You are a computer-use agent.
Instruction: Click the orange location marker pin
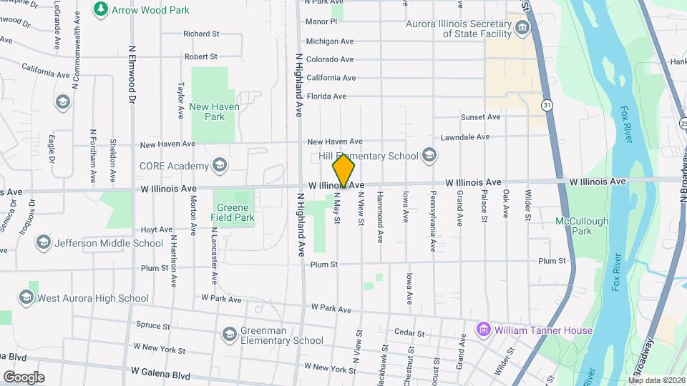[344, 172]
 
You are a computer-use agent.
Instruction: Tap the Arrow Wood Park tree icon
[99, 9]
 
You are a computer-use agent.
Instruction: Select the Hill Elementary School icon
[429, 155]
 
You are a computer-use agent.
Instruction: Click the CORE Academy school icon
[220, 167]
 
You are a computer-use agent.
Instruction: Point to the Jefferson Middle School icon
[44, 243]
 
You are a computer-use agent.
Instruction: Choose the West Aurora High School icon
[26, 297]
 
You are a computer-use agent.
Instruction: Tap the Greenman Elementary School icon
[230, 335]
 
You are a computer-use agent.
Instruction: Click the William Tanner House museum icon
[483, 330]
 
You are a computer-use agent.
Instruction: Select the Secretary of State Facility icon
[522, 28]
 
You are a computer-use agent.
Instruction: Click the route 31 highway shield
[547, 104]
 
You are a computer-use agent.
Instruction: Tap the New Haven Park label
[215, 112]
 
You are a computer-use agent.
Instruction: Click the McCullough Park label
[582, 226]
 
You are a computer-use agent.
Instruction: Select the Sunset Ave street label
[480, 117]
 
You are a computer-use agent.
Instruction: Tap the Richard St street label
[201, 34]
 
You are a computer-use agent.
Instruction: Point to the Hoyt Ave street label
[157, 229]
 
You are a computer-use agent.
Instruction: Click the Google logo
[24, 377]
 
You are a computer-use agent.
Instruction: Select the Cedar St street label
[409, 333]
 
